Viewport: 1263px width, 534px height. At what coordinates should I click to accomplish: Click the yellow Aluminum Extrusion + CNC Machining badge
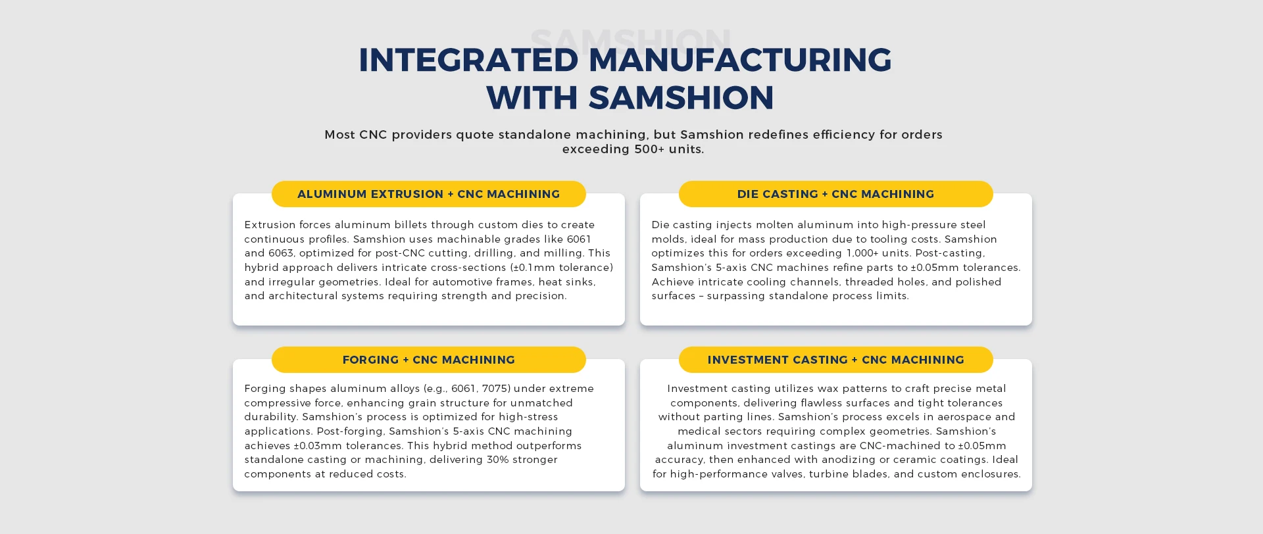click(428, 194)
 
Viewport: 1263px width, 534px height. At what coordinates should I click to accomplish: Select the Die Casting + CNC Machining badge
click(835, 194)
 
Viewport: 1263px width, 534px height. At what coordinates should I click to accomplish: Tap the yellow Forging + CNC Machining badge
click(428, 360)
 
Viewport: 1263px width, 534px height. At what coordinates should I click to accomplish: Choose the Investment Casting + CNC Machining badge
click(835, 360)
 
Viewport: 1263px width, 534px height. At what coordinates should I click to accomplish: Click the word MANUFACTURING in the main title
click(740, 60)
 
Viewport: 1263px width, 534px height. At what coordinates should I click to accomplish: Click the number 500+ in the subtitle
click(649, 149)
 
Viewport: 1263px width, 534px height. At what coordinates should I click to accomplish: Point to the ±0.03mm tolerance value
click(319, 446)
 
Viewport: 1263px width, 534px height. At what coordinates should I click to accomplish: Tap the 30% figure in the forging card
click(499, 460)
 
